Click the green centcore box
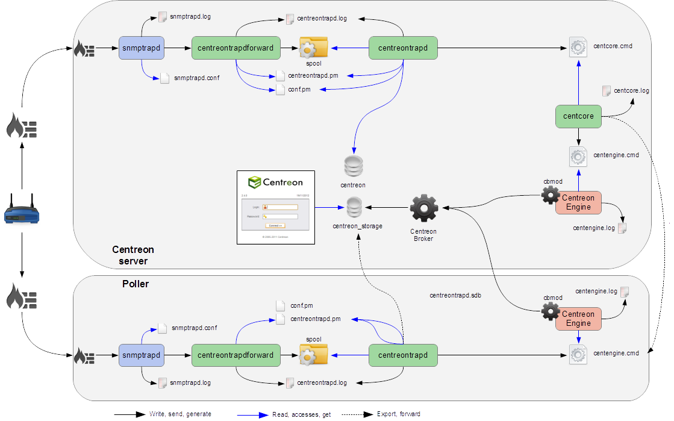tap(578, 116)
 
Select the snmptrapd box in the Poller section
tap(142, 355)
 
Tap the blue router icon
tap(21, 209)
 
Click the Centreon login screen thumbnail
tap(276, 208)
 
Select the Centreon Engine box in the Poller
tap(578, 319)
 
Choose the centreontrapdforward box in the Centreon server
tap(236, 48)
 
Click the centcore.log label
tap(631, 91)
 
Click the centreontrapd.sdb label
tap(455, 296)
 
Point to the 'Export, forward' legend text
tap(399, 414)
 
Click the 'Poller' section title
tap(136, 284)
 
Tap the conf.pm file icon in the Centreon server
tap(280, 90)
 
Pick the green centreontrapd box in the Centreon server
tap(403, 48)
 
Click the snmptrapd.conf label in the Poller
tap(194, 328)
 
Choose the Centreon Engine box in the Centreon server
tap(578, 202)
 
